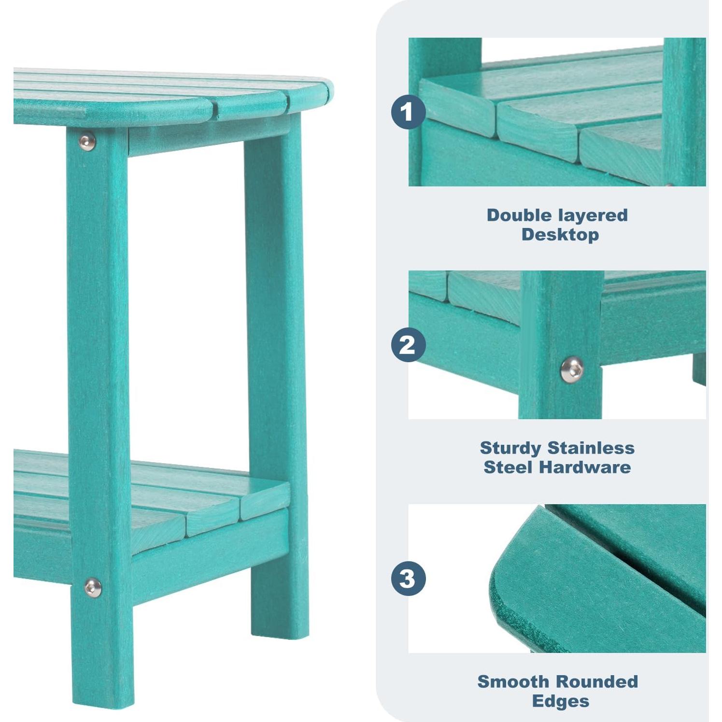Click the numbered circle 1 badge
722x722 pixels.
pos(408,112)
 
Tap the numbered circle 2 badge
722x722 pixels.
pos(408,345)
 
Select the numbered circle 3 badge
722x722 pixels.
pos(408,578)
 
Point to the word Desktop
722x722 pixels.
pos(560,235)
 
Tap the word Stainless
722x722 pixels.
pos(592,448)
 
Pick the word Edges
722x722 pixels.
pos(560,701)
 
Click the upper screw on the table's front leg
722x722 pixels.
pos(86,141)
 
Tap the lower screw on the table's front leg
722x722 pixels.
pos(92,587)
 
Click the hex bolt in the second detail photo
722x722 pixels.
pos(572,369)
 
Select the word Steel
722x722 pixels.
pos(509,467)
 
